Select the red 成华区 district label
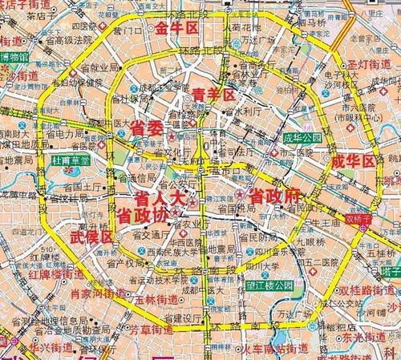coord(353,160)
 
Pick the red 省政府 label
coord(273,195)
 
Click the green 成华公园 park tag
coord(302,137)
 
